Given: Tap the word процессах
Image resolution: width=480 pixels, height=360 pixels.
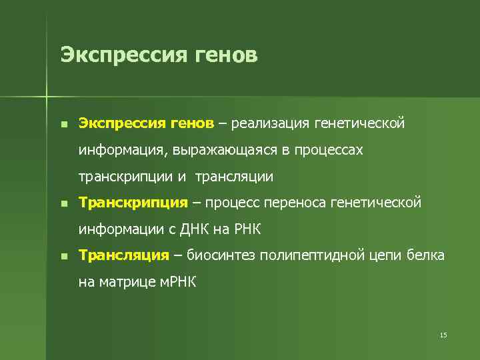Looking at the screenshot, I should click(x=327, y=150).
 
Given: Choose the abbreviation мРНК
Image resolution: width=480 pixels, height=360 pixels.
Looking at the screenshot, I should click(x=177, y=282).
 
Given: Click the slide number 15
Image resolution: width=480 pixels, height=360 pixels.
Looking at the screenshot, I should click(x=443, y=334).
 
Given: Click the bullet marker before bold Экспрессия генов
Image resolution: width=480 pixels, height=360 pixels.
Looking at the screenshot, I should click(x=63, y=124).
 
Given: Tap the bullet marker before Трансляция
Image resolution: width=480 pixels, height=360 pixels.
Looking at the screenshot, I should click(x=63, y=255).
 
